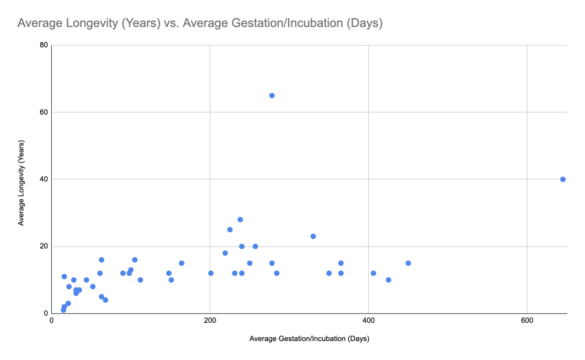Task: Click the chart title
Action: pos(200,23)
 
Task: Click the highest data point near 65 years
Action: pos(272,96)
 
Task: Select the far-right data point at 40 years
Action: pos(563,179)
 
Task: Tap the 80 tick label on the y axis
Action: pos(44,45)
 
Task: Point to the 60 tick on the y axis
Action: pos(44,112)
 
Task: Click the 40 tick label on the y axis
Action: pos(44,179)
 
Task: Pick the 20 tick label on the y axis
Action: pos(44,246)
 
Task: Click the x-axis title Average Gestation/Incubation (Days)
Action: pos(309,339)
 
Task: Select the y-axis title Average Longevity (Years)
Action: pos(21,183)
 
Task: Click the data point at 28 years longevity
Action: pos(240,220)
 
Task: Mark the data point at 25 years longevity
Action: pos(230,230)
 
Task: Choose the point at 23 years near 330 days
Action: pos(313,237)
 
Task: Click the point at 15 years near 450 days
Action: pos(408,263)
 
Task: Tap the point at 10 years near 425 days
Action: pos(388,280)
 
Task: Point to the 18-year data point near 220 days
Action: pos(225,253)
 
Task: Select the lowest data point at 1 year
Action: pos(63,310)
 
